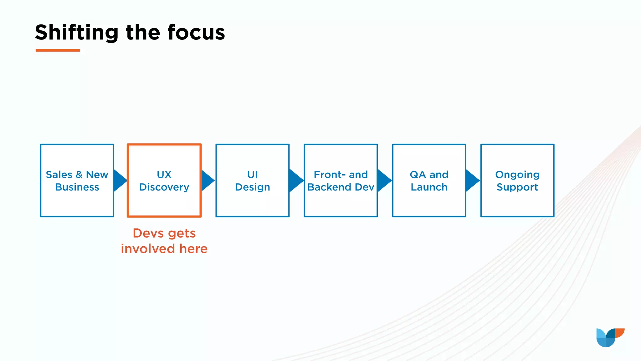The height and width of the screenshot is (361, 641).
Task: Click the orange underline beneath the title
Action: coord(58,50)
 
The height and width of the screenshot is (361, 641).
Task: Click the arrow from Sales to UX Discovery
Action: coord(119,180)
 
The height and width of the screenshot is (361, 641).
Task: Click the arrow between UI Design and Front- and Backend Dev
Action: coord(295,180)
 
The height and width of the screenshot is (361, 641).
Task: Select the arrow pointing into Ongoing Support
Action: coord(472,180)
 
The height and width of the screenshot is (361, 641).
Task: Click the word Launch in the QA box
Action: coord(429,187)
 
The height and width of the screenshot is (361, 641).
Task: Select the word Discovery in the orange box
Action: coord(164,187)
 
